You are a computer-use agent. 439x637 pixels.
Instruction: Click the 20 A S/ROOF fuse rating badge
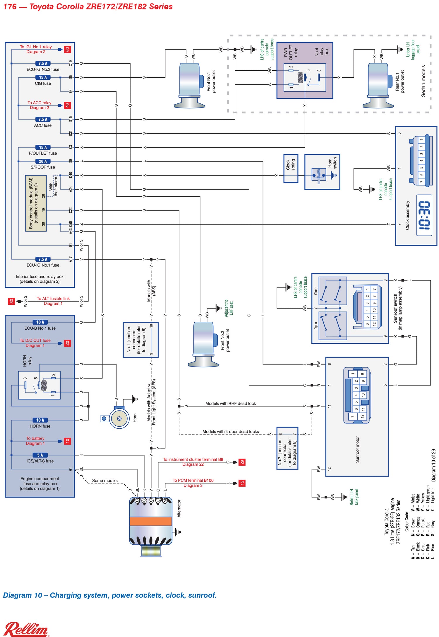point(43,161)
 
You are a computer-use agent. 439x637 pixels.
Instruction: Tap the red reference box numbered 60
point(67,50)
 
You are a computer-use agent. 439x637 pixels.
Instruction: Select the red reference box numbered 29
point(242,462)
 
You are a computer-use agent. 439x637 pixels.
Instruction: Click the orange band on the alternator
point(151,521)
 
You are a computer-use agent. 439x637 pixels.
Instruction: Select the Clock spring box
point(291,168)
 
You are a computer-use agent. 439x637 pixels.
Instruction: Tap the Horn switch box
point(322,172)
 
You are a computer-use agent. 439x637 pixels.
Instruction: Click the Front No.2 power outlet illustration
point(203,344)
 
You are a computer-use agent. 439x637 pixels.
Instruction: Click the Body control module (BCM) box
point(36,203)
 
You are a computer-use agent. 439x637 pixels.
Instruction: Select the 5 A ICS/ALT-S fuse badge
point(40,455)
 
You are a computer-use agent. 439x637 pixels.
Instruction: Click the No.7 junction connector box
point(287,448)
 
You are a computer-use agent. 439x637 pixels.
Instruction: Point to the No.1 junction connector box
point(140,340)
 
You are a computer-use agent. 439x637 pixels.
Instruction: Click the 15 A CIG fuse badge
point(43,77)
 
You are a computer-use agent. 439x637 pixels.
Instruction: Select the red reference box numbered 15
point(242,483)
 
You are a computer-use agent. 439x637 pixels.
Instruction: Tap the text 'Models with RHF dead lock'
point(230,403)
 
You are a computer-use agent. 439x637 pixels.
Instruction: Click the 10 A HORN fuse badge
point(40,420)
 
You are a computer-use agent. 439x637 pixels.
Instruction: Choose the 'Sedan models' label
point(423,81)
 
